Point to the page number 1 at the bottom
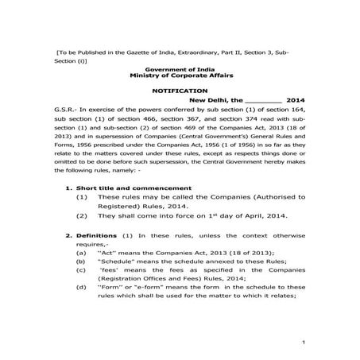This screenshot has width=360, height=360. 304,340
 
